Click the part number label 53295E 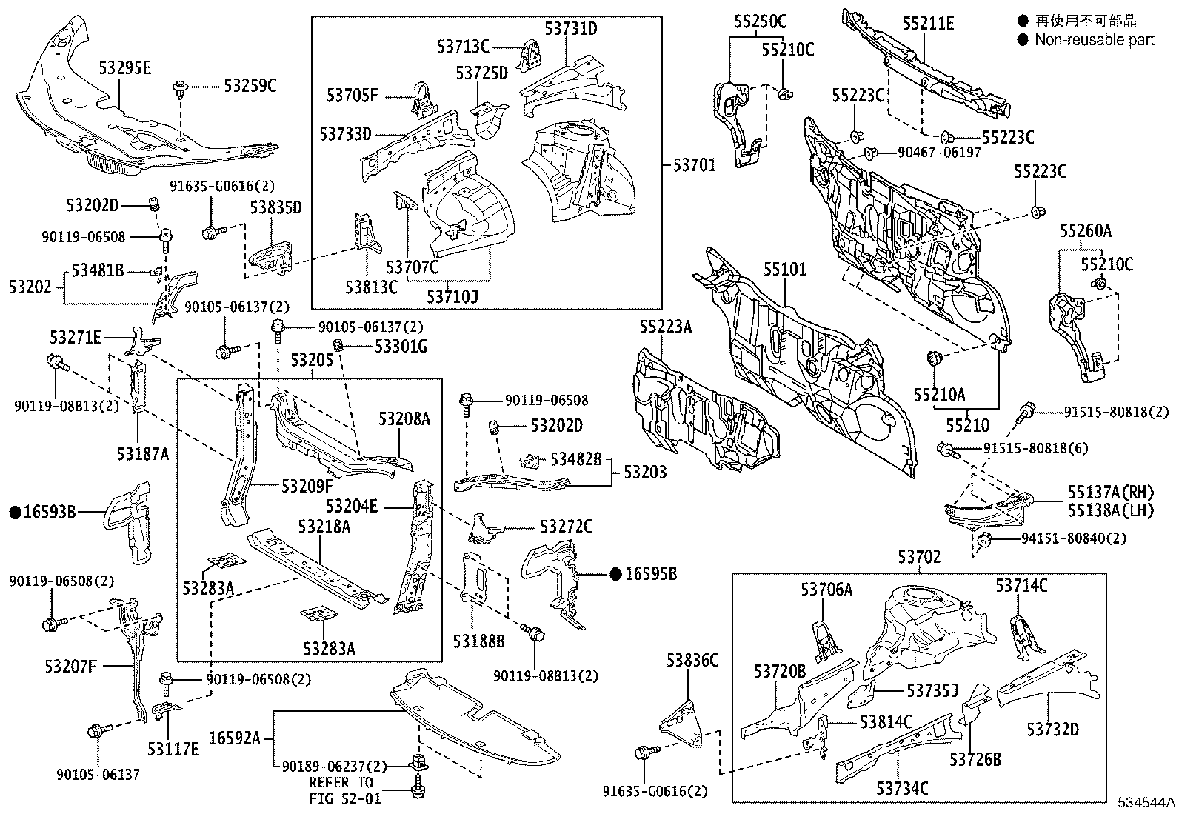click(x=124, y=68)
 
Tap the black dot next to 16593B click(x=14, y=512)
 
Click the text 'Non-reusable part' click(x=1094, y=40)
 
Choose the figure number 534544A click(x=1146, y=803)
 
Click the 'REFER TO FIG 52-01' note click(x=341, y=790)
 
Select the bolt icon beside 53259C click(x=179, y=90)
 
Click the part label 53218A click(x=324, y=527)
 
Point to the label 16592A click(x=234, y=738)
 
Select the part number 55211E click(x=928, y=24)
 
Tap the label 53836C click(x=692, y=659)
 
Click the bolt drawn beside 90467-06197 click(x=872, y=153)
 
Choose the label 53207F click(x=70, y=666)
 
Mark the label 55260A click(x=1085, y=231)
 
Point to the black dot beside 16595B click(x=615, y=573)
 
